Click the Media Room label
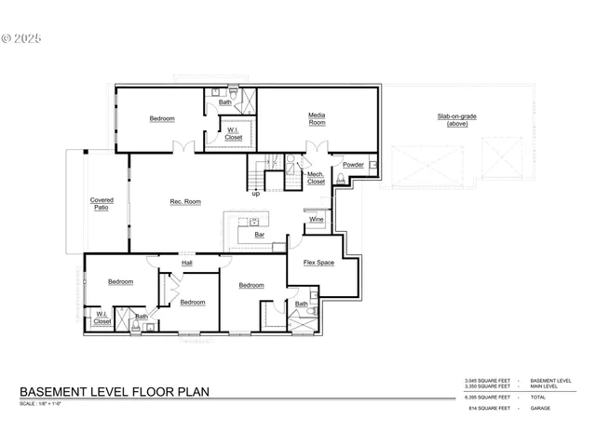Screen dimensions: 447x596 click(317, 118)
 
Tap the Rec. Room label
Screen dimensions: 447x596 click(185, 202)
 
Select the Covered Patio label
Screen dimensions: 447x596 click(102, 204)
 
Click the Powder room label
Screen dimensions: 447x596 click(353, 165)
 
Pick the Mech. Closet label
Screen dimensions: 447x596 click(317, 177)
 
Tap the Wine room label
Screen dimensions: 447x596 click(317, 219)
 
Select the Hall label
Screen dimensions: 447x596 click(187, 264)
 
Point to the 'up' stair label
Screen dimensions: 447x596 click(256, 194)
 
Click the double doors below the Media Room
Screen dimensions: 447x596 click(318, 147)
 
